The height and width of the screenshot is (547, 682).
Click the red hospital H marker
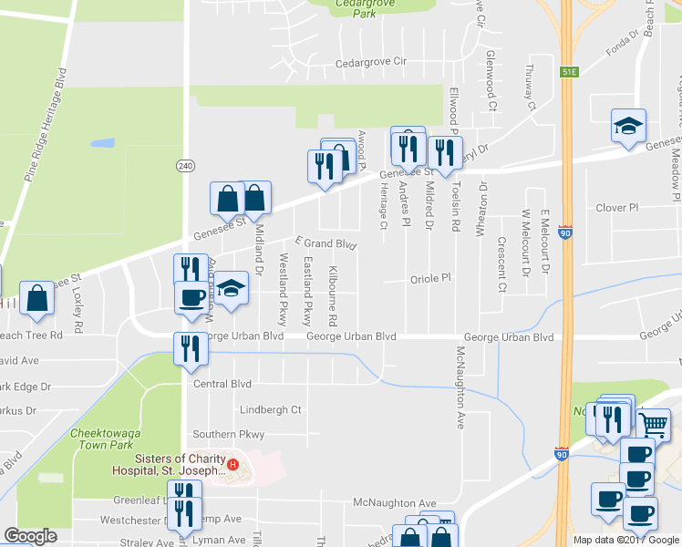(233, 465)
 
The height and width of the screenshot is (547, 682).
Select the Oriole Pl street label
(431, 278)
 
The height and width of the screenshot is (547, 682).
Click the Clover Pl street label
(616, 208)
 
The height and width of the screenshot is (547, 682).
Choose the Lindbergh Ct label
(270, 410)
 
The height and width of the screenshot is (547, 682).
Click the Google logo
(30, 536)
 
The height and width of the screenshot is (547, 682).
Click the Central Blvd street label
(222, 384)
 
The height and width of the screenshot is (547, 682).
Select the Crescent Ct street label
(501, 264)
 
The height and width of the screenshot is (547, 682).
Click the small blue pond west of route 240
(102, 143)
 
